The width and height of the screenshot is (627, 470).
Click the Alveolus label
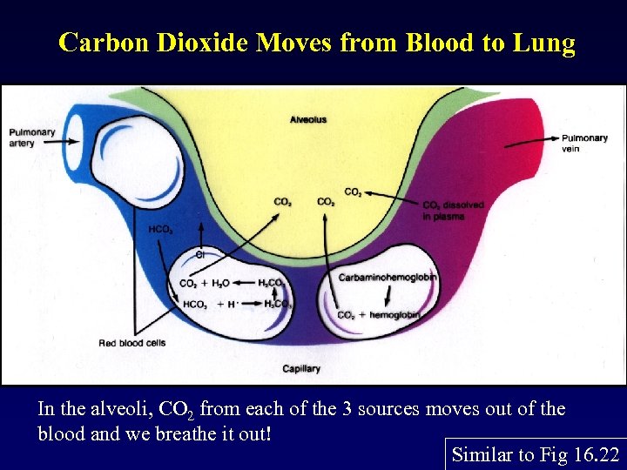tap(308, 119)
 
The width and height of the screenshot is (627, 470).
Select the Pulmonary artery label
tap(31, 138)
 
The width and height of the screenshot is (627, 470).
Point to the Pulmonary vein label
tap(584, 143)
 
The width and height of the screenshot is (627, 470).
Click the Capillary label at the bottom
tap(301, 369)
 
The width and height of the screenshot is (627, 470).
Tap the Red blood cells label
tap(131, 343)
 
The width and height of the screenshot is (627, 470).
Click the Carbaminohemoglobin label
tap(388, 278)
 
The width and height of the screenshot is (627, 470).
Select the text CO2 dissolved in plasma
tap(452, 210)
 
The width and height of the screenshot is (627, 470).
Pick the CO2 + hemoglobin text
tap(378, 314)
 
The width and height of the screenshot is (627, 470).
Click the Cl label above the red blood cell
tap(199, 255)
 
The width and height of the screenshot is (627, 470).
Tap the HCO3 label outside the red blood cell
tap(160, 230)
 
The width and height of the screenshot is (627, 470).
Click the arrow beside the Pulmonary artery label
tap(73, 133)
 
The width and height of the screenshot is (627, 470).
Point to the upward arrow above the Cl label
tap(201, 233)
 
